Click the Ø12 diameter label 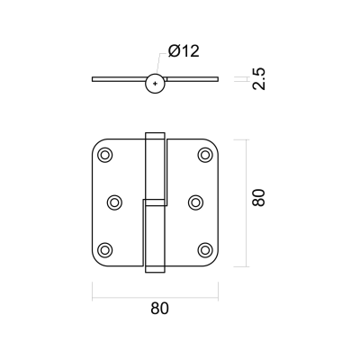pos(184,51)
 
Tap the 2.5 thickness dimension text pos(259,79)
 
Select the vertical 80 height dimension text pos(259,197)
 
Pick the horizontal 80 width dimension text pos(159,308)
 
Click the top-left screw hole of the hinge pos(105,156)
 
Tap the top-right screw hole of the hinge pos(205,156)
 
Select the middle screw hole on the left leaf pos(114,202)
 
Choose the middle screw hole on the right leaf pos(195,202)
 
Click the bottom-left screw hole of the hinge pos(105,249)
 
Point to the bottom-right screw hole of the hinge pos(205,249)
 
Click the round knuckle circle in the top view pos(155,75)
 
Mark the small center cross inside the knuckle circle pos(155,83)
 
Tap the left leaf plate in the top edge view pos(119,79)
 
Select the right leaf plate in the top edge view pos(193,79)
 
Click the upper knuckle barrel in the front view pos(155,169)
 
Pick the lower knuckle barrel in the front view pos(154,236)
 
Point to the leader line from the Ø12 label pos(160,63)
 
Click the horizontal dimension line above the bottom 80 pos(155,298)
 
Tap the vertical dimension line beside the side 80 pos(247,203)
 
